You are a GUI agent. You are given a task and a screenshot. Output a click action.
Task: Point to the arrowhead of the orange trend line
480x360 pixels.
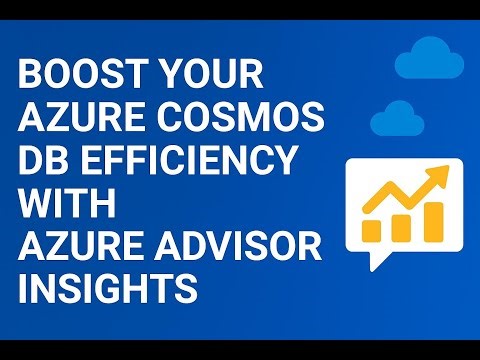(439, 178)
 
